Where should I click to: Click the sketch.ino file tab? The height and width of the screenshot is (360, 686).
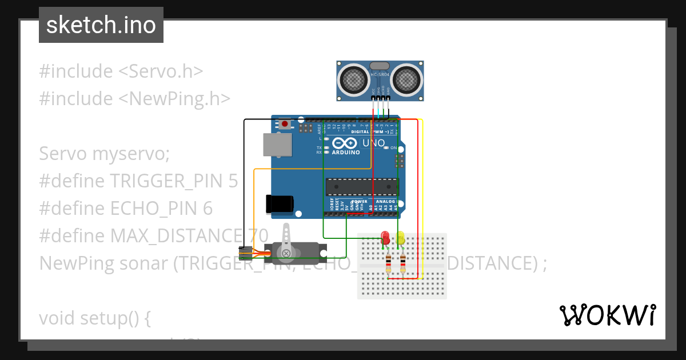click(x=101, y=25)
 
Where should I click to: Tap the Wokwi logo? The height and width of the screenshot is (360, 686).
click(x=607, y=315)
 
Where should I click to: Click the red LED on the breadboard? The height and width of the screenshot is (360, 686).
click(x=385, y=237)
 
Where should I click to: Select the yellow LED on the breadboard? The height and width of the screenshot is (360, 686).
click(x=401, y=237)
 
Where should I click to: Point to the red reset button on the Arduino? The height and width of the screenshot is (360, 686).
click(x=285, y=123)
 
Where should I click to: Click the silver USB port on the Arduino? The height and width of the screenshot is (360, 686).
click(x=276, y=145)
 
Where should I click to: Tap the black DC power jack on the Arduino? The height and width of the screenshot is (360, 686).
click(x=280, y=204)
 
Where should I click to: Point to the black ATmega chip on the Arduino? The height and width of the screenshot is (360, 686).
click(x=361, y=187)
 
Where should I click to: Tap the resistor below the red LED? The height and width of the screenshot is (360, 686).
click(x=389, y=263)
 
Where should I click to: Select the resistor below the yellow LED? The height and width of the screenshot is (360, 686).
click(x=403, y=263)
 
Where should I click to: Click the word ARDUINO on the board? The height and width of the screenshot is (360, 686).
click(x=346, y=153)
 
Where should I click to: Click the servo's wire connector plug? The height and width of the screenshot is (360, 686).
click(x=245, y=253)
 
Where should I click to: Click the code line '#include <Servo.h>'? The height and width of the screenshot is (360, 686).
click(x=121, y=71)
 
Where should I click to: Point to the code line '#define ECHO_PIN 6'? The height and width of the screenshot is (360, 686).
click(x=126, y=209)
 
